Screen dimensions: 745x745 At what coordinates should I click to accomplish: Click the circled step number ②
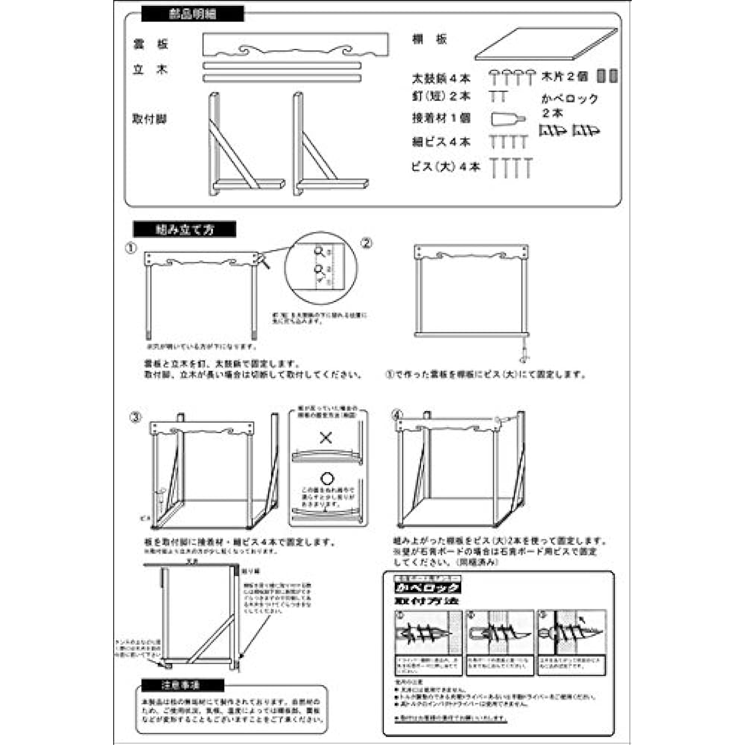pos(367,244)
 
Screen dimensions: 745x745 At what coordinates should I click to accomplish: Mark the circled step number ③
pos(134,417)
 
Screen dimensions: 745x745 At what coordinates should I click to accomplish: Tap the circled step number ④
pos(397,413)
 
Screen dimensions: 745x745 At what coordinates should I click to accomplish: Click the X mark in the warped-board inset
pos(325,437)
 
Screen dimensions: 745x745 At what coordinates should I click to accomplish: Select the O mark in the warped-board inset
pos(325,477)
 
